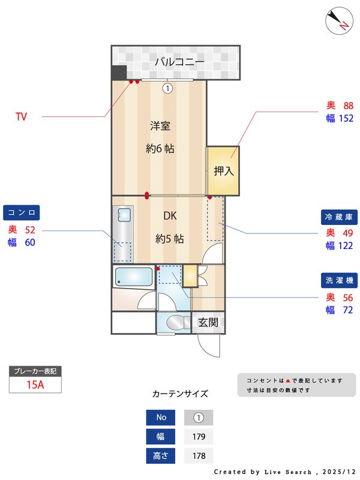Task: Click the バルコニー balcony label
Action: pos(179,61)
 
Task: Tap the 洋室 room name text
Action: pos(160,126)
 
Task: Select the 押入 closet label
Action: pos(223,171)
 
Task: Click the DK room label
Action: pos(170,216)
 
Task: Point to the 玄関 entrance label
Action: pos(208,323)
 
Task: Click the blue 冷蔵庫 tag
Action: pos(338,217)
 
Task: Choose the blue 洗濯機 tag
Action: pos(338,280)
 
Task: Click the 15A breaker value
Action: pos(36,385)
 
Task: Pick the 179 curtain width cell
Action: pos(199,436)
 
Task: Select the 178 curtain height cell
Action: pos(199,455)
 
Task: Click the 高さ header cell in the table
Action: pos(161,455)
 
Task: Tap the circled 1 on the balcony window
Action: pos(167,88)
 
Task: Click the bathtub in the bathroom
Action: pos(133,277)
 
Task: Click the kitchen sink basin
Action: pos(125,214)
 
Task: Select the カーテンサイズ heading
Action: pos(180,394)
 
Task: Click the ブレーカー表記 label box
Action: pos(36,371)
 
